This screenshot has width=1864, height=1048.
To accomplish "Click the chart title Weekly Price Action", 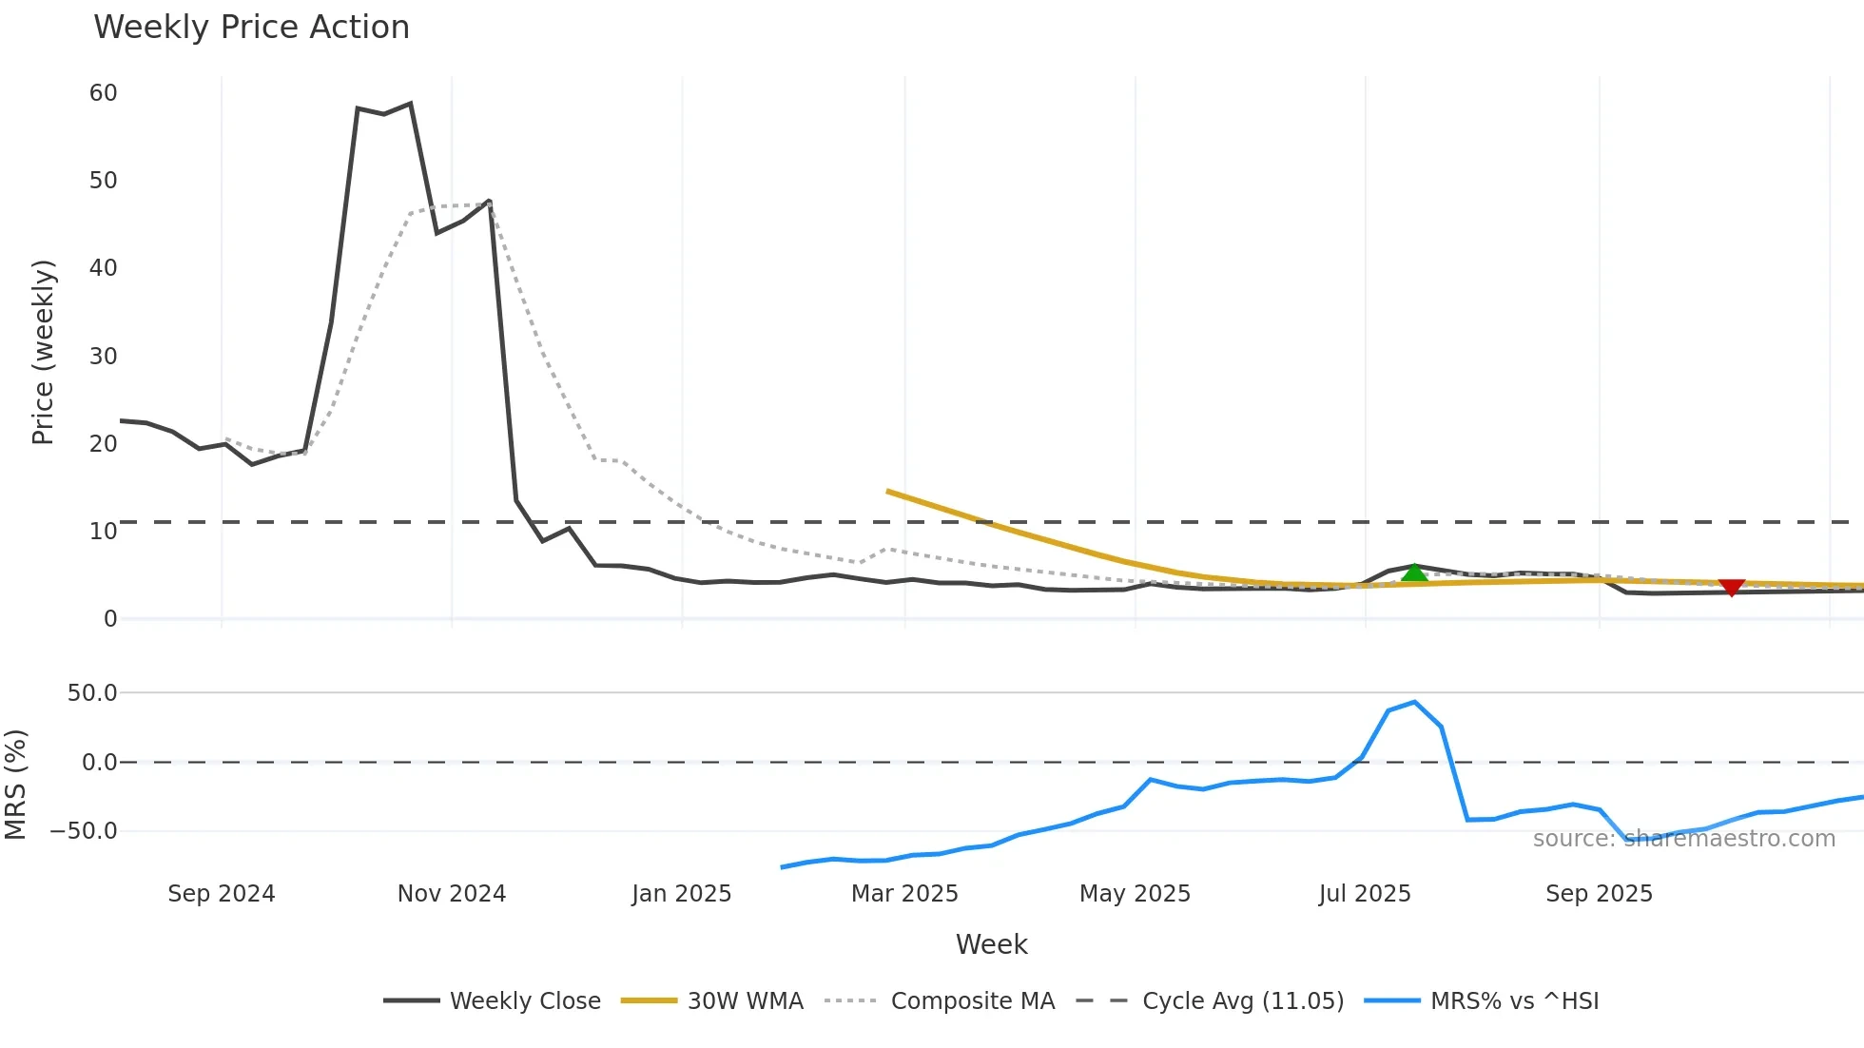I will point(251,28).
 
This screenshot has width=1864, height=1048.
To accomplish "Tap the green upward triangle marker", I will point(1414,573).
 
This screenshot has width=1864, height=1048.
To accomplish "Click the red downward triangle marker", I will point(1732,588).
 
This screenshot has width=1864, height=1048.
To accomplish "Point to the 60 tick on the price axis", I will point(103,93).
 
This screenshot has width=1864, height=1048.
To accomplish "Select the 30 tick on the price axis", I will point(103,357).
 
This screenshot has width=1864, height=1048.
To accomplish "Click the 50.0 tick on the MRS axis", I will point(92,693).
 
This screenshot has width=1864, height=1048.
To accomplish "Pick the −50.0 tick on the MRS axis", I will point(84,831).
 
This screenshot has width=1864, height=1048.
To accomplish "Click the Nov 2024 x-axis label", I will point(451,894).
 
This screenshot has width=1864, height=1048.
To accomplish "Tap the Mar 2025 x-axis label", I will point(903,894).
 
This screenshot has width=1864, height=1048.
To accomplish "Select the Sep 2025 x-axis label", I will point(1599,894).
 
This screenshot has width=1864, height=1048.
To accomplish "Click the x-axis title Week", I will point(991,944).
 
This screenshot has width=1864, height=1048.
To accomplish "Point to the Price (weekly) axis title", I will point(43,352).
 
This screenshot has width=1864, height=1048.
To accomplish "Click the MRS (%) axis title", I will point(15,785).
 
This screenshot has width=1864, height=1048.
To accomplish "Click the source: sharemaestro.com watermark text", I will point(1683,839).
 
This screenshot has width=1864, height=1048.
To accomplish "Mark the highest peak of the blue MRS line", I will point(1414,703).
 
